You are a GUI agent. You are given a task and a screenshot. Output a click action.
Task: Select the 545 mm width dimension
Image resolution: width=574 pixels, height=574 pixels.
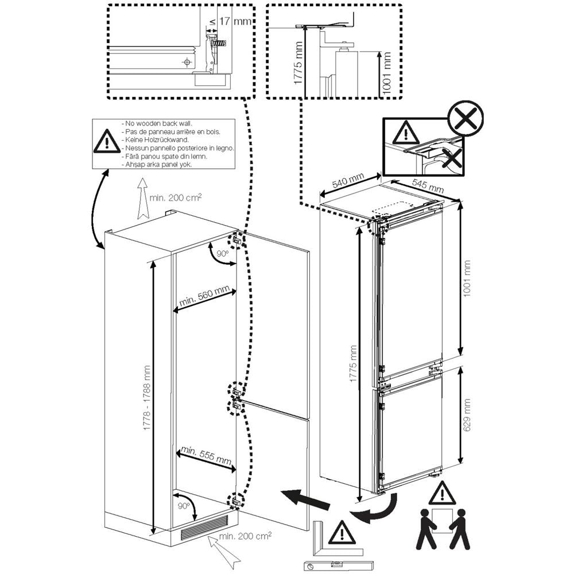428,185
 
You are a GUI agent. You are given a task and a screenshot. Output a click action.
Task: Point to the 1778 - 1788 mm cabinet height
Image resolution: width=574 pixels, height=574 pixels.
147,399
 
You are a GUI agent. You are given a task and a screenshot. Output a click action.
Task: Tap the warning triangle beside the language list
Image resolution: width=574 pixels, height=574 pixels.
107,142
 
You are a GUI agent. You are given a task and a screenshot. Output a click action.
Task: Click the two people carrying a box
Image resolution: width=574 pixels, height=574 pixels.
443,527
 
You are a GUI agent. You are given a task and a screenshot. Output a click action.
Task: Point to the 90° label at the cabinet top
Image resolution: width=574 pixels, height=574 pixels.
222,253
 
